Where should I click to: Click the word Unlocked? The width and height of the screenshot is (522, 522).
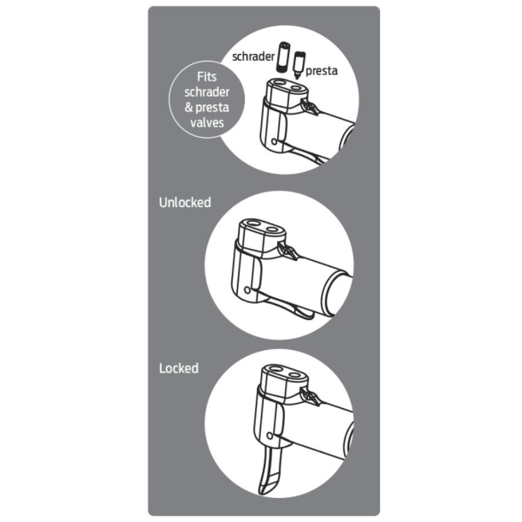185,203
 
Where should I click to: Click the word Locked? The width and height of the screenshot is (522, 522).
179,368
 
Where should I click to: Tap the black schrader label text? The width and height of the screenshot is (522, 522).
253,56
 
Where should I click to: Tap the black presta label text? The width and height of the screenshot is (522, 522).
321,71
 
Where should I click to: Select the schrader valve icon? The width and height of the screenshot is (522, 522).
284,56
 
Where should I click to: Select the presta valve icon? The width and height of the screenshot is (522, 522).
300,64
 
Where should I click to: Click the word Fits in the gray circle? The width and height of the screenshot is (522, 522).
207,77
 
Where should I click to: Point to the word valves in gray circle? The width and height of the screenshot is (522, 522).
207,122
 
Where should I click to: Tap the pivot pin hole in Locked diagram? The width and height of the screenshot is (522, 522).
270,436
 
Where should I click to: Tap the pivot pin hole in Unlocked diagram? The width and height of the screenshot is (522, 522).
247,290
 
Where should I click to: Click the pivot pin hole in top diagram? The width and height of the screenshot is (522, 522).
274,141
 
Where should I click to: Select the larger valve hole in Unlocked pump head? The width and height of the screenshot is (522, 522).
253,222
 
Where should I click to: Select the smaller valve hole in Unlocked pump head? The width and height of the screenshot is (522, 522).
273,229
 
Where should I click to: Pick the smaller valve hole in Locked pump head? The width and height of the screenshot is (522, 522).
294,376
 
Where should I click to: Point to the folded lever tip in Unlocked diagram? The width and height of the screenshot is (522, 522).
305,313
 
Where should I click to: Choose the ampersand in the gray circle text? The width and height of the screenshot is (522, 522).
189,108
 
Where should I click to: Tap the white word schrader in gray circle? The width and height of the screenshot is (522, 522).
207,92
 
